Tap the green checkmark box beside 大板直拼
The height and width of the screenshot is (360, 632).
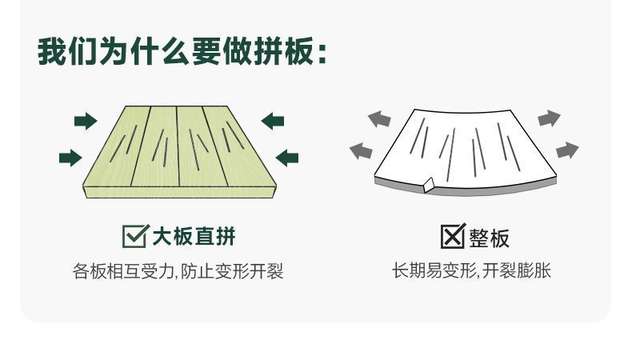134,236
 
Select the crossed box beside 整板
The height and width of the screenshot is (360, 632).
453,237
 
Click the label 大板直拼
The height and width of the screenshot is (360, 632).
194,236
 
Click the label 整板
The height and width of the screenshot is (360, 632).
489,238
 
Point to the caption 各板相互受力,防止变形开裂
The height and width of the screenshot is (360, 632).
178,272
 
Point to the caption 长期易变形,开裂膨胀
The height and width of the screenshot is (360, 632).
471,272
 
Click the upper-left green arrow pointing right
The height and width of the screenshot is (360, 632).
85,122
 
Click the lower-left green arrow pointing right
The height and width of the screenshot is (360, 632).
70,157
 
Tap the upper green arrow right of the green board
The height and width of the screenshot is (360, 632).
273,122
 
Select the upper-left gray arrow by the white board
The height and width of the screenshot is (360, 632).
379,120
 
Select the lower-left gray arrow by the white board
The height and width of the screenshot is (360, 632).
362,150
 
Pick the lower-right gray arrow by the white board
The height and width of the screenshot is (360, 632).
566,150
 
